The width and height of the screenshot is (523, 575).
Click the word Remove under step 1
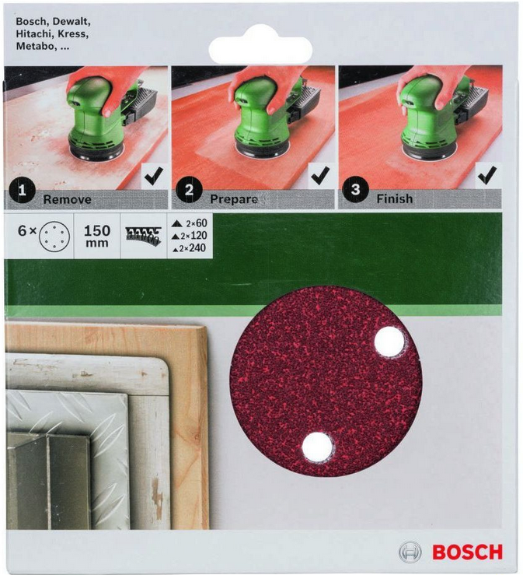coord(68,199)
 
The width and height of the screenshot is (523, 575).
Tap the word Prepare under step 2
coord(234,199)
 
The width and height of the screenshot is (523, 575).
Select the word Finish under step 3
coord(395,198)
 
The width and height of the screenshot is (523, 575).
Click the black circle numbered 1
coord(23,190)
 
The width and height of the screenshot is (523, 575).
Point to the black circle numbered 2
coord(189,190)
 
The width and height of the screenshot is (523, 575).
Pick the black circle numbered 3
coord(355,189)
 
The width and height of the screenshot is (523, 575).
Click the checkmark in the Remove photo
coord(154,177)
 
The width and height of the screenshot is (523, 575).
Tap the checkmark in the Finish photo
coord(487,175)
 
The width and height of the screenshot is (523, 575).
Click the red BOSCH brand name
coord(467,552)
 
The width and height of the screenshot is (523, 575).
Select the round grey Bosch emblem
coord(410,552)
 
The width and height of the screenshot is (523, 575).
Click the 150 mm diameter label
coord(97,236)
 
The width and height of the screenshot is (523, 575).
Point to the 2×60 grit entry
coord(190,223)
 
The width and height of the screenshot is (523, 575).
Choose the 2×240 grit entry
coord(190,248)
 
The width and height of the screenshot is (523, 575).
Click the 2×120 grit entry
coord(190,236)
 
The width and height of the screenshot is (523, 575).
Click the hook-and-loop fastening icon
coord(143,236)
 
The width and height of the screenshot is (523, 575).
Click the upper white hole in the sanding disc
coord(389,341)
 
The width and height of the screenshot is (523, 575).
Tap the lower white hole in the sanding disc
coord(317,447)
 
